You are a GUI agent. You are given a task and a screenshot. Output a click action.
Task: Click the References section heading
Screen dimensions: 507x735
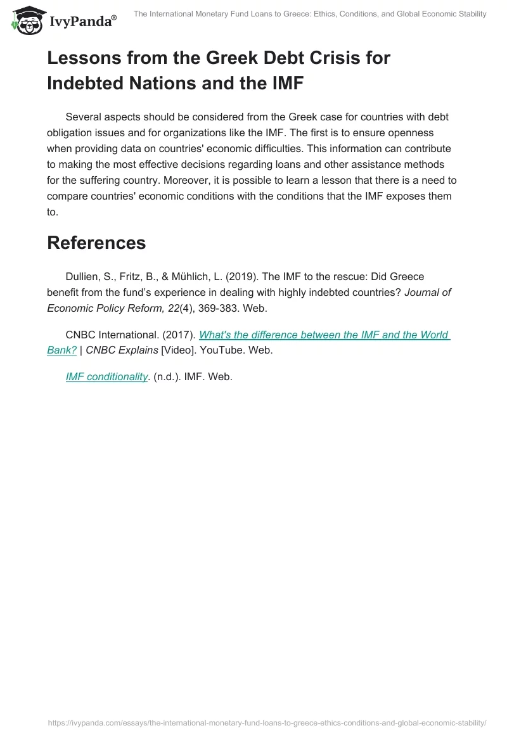click(x=96, y=242)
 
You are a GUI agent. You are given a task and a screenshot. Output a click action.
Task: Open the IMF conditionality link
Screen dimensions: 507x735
click(x=106, y=376)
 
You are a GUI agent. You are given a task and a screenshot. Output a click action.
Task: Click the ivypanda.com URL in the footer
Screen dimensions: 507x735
click(x=266, y=722)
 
